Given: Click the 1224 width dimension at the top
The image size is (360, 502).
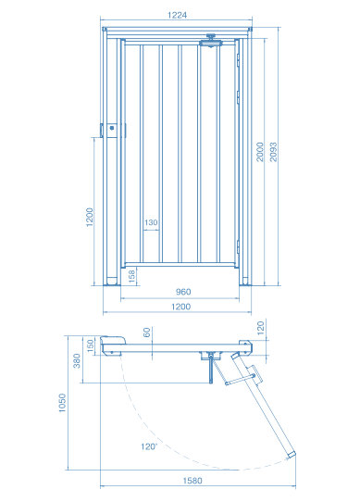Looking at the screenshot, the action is pos(177,15).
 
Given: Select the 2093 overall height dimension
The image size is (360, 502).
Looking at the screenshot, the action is pos(273,152).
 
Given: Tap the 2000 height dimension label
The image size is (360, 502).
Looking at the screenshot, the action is pos(260,152).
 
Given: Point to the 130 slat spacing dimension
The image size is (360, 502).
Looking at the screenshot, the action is pos(151,222).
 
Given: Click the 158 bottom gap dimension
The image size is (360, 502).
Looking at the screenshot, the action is pos(131,276).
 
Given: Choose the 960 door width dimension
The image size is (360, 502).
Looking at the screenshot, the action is pos(183,292).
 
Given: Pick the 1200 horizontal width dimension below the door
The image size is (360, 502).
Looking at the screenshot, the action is pos(180,307).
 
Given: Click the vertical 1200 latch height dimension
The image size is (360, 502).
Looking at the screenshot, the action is pos(90,217).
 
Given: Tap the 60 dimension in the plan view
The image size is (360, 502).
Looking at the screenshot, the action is pos(146,332).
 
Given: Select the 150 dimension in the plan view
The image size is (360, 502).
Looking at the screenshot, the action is pos(91,345).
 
